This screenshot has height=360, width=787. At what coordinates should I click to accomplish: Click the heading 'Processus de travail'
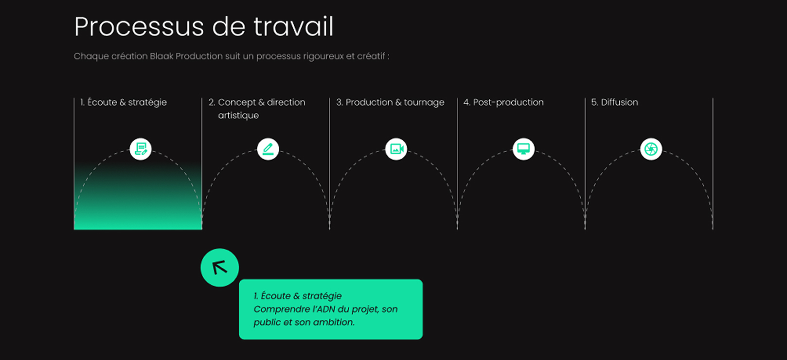click(x=204, y=27)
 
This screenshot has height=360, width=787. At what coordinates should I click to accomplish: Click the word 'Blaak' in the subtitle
click(x=161, y=56)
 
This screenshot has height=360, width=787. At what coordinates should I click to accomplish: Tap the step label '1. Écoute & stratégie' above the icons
click(x=124, y=102)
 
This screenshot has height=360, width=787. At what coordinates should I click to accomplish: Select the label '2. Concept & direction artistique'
click(x=257, y=108)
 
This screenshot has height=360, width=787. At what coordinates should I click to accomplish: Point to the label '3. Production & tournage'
click(x=390, y=102)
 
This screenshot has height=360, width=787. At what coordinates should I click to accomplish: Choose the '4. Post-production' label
click(x=503, y=102)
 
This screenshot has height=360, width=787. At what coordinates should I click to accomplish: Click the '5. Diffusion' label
click(x=614, y=102)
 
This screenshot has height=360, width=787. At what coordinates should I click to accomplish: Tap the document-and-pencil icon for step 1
click(x=141, y=149)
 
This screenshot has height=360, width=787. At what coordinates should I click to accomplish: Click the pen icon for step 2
click(x=268, y=149)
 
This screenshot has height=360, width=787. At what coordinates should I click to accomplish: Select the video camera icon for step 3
click(x=396, y=149)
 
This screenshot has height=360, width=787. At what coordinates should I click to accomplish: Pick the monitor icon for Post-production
click(x=523, y=149)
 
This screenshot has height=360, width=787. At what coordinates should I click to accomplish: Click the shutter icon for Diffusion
click(x=651, y=149)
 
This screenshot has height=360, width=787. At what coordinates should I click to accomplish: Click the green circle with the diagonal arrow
click(x=219, y=268)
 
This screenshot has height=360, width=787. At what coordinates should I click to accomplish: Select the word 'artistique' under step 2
click(x=238, y=116)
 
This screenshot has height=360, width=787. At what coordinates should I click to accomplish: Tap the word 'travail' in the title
click(x=293, y=27)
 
